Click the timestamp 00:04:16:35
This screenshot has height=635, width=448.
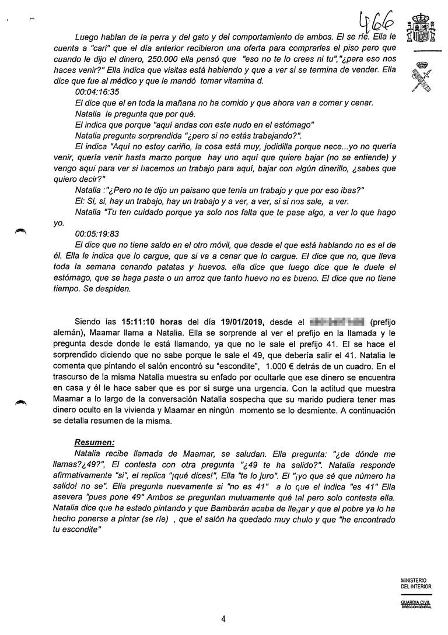click(x=97, y=92)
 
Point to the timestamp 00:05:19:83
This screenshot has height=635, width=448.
click(x=97, y=231)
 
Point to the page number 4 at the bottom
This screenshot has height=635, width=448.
click(x=223, y=619)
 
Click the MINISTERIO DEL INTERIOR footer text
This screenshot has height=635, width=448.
click(x=416, y=584)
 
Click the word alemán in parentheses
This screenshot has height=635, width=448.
click(x=60, y=333)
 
